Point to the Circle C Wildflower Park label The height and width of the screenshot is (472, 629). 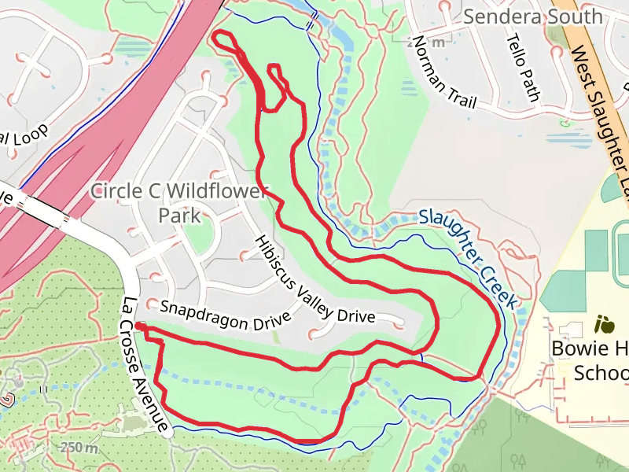point(179,202)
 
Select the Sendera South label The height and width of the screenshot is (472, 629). point(533,17)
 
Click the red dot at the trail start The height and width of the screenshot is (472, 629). point(138,325)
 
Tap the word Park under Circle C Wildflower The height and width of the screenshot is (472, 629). point(179,215)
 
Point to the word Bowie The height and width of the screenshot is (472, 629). point(572,348)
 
